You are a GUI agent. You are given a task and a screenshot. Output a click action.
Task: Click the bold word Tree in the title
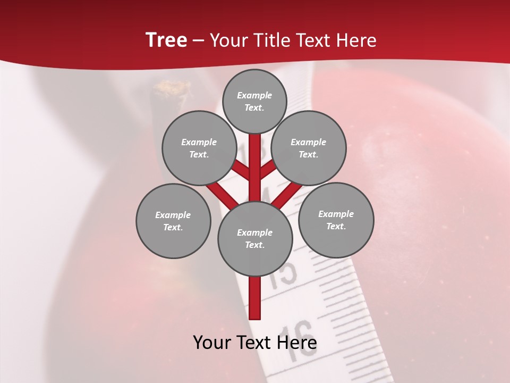(x=166, y=40)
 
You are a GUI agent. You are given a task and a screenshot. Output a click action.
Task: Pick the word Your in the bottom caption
(x=211, y=343)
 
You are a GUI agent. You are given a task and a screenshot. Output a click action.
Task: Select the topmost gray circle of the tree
(x=254, y=101)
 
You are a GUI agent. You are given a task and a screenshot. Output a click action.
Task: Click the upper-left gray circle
(x=199, y=148)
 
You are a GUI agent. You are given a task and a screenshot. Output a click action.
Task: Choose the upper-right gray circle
(x=309, y=148)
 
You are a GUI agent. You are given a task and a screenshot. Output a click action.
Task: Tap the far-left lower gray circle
(x=173, y=221)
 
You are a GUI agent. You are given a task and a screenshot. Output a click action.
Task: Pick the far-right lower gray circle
(x=336, y=220)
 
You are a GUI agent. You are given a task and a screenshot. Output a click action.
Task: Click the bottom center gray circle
(x=255, y=239)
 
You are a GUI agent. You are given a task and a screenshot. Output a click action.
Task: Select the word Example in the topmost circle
(x=254, y=95)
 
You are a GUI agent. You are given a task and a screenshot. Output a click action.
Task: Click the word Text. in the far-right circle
(x=336, y=226)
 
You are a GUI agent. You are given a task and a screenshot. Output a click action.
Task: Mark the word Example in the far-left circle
(x=173, y=215)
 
